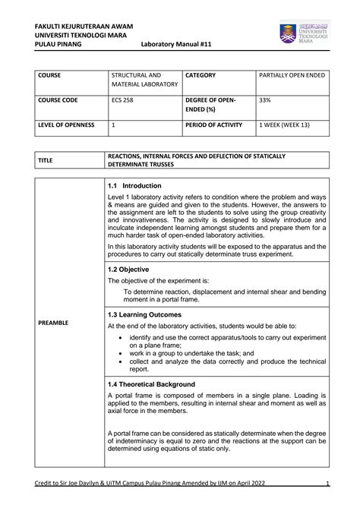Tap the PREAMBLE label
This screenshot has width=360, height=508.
[x=53, y=323]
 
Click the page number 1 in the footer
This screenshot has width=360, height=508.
[x=326, y=484]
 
